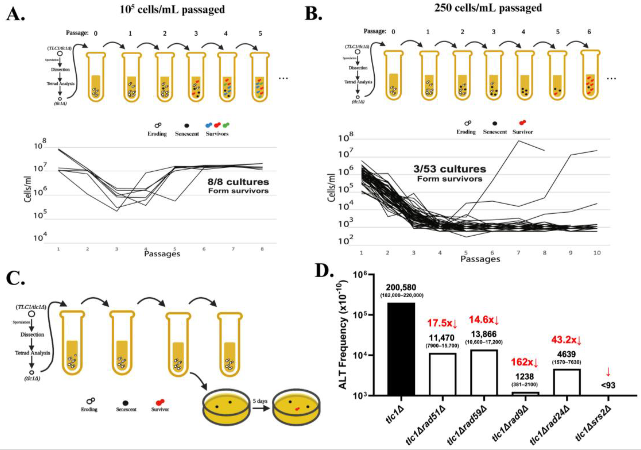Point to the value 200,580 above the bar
pyautogui.click(x=401, y=288)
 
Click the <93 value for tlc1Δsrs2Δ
pyautogui.click(x=608, y=386)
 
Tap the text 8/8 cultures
pyautogui.click(x=238, y=182)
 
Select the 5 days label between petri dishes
pyautogui.click(x=260, y=401)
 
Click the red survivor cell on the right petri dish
pyautogui.click(x=298, y=409)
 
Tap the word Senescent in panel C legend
pyautogui.click(x=126, y=409)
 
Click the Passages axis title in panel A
pyautogui.click(x=162, y=254)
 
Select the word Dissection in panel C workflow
pyautogui.click(x=32, y=334)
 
